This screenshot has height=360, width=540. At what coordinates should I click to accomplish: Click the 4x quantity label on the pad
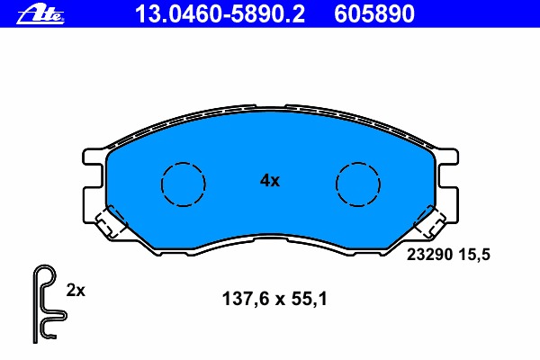click(x=270, y=181)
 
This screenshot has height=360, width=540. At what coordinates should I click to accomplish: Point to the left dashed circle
click(x=184, y=184)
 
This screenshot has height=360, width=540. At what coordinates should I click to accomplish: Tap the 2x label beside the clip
click(x=76, y=291)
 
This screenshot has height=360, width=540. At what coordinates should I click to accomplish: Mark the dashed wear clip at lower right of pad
click(x=432, y=221)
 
